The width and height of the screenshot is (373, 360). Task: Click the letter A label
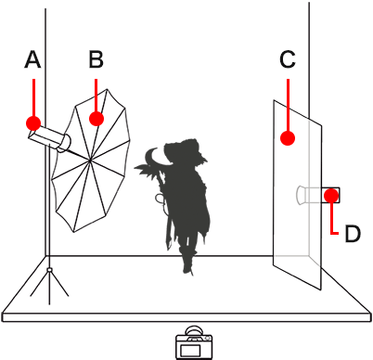click(33, 61)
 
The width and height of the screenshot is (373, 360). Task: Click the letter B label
click(96, 61)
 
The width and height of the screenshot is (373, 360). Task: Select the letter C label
click(288, 61)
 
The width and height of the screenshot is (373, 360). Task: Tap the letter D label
click(352, 234)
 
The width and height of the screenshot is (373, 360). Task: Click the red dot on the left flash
click(33, 122)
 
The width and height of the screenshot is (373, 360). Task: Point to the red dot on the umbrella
click(96, 118)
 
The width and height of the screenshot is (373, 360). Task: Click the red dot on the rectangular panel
click(288, 138)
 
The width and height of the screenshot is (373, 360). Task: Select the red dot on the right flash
click(331, 195)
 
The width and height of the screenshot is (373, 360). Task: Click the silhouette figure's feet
click(187, 264)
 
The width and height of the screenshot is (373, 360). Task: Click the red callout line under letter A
click(33, 97)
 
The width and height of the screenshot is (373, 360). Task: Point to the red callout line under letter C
click(288, 107)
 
